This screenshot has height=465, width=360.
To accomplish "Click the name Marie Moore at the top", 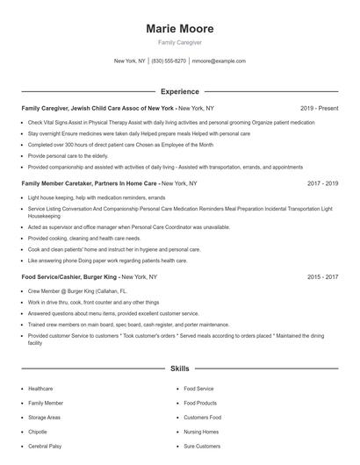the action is (x=179, y=29).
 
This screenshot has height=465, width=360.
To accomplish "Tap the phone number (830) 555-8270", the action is (x=169, y=61).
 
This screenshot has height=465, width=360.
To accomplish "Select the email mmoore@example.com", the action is (x=219, y=61).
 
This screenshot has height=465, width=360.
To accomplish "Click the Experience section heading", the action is (x=179, y=91).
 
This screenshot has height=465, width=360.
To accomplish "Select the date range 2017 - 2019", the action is (x=322, y=183).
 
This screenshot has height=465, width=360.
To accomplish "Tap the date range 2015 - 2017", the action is (x=322, y=276).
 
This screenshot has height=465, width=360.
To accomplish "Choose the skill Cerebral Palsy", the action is (x=47, y=446).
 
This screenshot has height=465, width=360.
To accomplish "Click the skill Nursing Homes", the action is (x=201, y=432).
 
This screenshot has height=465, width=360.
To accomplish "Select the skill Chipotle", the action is (x=38, y=432).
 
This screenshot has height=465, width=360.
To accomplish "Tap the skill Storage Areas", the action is (x=44, y=417).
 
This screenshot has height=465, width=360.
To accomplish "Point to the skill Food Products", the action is (x=200, y=403).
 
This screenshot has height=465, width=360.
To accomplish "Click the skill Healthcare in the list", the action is (x=40, y=388).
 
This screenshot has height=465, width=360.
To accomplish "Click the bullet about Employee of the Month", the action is (x=120, y=144).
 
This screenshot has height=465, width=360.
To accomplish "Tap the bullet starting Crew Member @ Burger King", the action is (x=77, y=290).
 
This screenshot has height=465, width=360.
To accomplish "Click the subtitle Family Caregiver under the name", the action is (x=179, y=42).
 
